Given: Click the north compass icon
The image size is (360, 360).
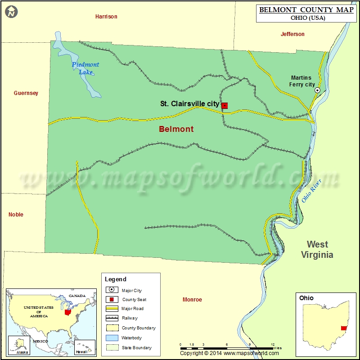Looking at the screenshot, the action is pyautogui.click(x=11, y=12).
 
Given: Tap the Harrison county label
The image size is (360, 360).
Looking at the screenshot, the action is pyautogui.click(x=106, y=17).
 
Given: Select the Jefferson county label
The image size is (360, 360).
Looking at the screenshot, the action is pyautogui.click(x=292, y=34).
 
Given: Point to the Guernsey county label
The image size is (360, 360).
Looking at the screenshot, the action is pyautogui.click(x=26, y=93).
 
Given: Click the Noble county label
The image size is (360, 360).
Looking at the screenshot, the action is pyautogui.click(x=16, y=215).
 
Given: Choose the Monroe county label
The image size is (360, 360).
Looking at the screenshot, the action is pyautogui.click(x=192, y=300).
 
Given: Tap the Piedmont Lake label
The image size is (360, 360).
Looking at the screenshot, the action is pyautogui.click(x=85, y=68).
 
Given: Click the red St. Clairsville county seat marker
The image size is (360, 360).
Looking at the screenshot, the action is pyautogui.click(x=225, y=106).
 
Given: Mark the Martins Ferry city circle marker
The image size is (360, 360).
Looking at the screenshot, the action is pyautogui.click(x=317, y=90).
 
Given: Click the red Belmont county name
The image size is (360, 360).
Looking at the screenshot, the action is pyautogui.click(x=176, y=129).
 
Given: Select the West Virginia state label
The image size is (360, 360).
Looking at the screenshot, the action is pyautogui.click(x=317, y=250).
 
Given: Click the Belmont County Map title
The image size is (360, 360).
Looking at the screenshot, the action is pyautogui.click(x=306, y=10).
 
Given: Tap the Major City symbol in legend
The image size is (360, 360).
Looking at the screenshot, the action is pyautogui.click(x=111, y=290).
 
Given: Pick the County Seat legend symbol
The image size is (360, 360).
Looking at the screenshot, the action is pyautogui.click(x=111, y=299).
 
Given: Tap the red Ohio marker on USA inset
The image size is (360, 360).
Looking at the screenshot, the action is pyautogui.click(x=68, y=312).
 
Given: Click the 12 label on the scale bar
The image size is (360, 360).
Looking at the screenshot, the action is pyautogui.click(x=273, y=344).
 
